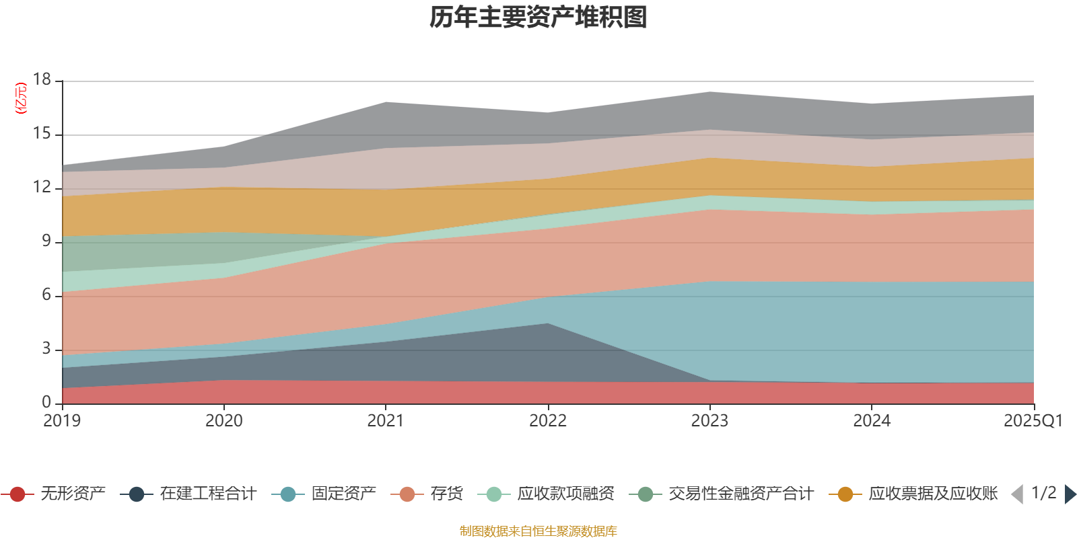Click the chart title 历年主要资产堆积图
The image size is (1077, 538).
pyautogui.click(x=538, y=17)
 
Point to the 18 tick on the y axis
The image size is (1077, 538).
pyautogui.click(x=42, y=79)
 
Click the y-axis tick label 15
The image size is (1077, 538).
pyautogui.click(x=42, y=134)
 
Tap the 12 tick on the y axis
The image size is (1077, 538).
pyautogui.click(x=42, y=187)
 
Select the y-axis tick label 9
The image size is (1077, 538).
pyautogui.click(x=46, y=241)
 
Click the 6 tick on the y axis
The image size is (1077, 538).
pyautogui.click(x=46, y=295)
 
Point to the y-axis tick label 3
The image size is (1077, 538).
pyautogui.click(x=46, y=348)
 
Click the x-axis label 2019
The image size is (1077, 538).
pyautogui.click(x=62, y=421)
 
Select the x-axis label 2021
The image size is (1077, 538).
pyautogui.click(x=385, y=421)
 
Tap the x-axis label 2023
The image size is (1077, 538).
pyautogui.click(x=709, y=421)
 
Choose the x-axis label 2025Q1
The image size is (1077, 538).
pyautogui.click(x=1033, y=421)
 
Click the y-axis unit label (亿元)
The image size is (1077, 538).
pyautogui.click(x=21, y=98)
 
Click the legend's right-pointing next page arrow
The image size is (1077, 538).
pyautogui.click(x=1070, y=494)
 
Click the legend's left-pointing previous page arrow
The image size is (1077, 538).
pyautogui.click(x=1017, y=494)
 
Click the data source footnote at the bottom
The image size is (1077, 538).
pyautogui.click(x=538, y=531)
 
